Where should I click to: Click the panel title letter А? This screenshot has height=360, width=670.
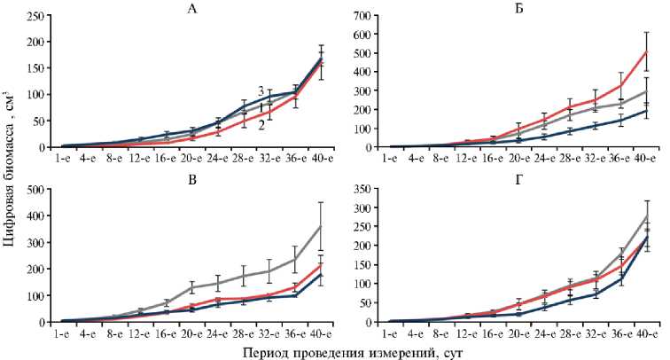click(192, 10)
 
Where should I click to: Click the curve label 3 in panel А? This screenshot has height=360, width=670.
click(261, 91)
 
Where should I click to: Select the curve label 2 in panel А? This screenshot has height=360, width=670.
click(261, 125)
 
